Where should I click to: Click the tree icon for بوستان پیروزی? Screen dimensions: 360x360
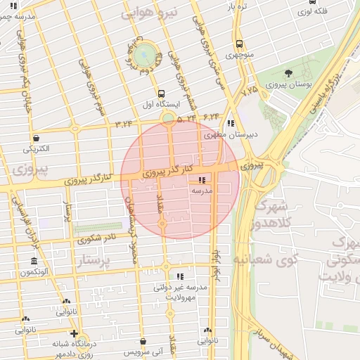coord(289,72)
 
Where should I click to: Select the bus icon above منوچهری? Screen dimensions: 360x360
coord(240,44)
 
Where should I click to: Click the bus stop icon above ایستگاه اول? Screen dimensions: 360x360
coord(162,93)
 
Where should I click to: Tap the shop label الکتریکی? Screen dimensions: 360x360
coord(36,148)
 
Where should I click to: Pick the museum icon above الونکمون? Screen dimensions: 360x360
coord(34,262)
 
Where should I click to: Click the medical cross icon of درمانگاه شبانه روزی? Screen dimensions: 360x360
coord(74,334)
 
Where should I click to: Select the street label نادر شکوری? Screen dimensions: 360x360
coord(98,238)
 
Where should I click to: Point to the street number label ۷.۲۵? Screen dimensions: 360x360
coord(249,91)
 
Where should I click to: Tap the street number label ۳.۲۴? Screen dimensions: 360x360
coord(124,124)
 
